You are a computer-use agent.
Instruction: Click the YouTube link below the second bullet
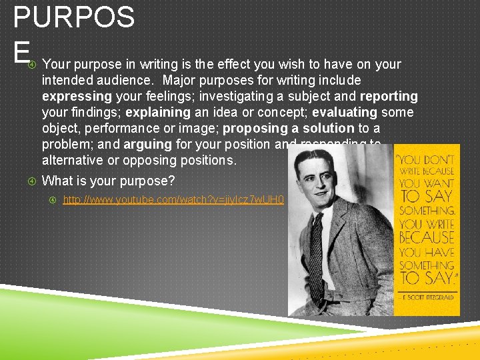pyautogui.click(x=173, y=200)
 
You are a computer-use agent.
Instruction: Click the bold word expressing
pyautogui.click(x=73, y=96)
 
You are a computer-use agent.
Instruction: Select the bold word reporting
pyautogui.click(x=389, y=96)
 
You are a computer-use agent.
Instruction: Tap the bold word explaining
pyautogui.click(x=158, y=112)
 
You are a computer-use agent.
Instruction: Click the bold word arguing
pyautogui.click(x=148, y=144)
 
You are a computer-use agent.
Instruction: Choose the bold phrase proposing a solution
pyautogui.click(x=289, y=128)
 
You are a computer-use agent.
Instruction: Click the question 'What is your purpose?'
pyautogui.click(x=107, y=181)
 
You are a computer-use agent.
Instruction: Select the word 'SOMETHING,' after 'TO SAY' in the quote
pyautogui.click(x=427, y=211)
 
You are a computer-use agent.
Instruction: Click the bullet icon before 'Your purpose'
pyautogui.click(x=32, y=65)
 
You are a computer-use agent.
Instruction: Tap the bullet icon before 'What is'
pyautogui.click(x=32, y=181)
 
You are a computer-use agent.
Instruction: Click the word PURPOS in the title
pyautogui.click(x=74, y=18)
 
